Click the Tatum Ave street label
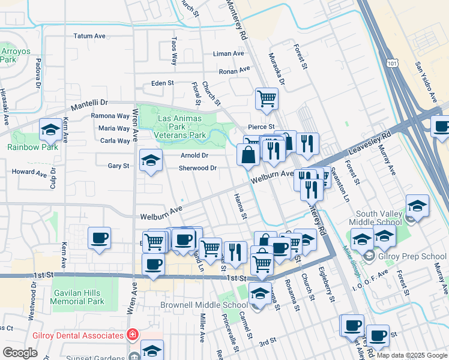[x=89, y=36]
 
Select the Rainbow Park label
[x=32, y=147]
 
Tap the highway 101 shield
[x=392, y=62]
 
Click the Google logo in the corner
[x=20, y=353]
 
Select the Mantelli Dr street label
[x=89, y=106]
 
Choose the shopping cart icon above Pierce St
[x=267, y=98]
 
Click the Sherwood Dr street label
[x=197, y=168]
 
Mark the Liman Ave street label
[x=229, y=53]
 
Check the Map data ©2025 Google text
[x=411, y=355]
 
